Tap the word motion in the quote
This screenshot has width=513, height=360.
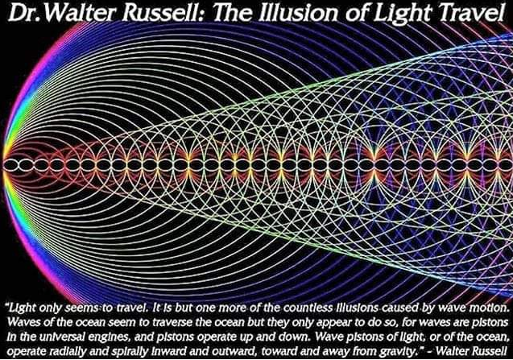coord(489,308)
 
